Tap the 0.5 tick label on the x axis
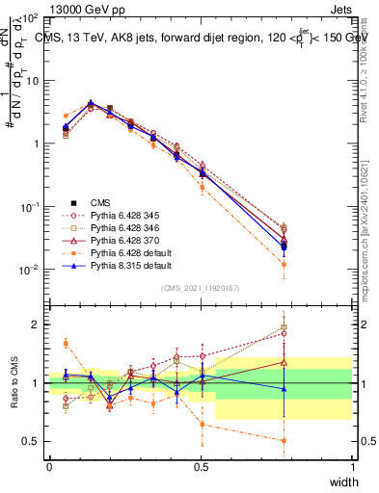click(x=201, y=467)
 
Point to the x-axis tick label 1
click(x=352, y=467)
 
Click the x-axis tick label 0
click(x=49, y=467)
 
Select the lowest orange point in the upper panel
click(x=311, y=262)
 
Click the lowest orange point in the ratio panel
click(x=311, y=441)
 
